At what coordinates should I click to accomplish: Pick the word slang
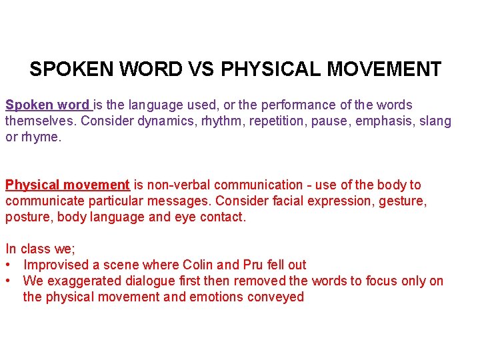435,121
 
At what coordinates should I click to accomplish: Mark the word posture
28,217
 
